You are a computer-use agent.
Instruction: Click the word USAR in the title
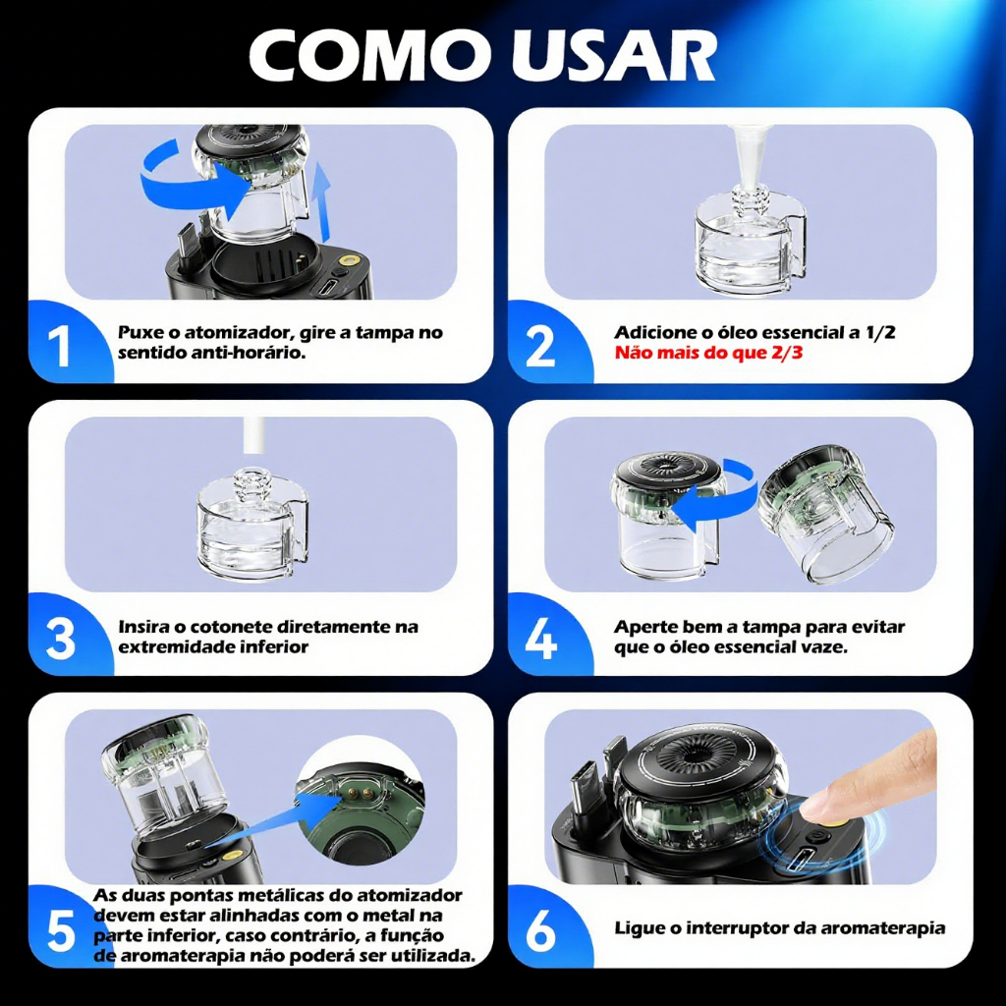(x=614, y=55)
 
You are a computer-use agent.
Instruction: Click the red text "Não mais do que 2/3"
(x=708, y=353)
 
